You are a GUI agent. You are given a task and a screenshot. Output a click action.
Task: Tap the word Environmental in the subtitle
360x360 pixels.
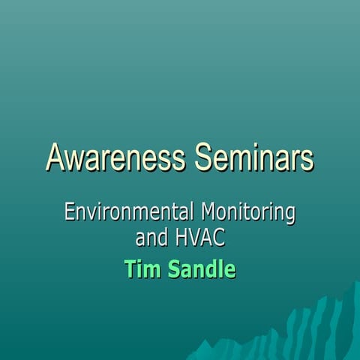tap(125, 212)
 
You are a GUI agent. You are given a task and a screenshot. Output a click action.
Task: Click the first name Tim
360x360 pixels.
tap(140, 268)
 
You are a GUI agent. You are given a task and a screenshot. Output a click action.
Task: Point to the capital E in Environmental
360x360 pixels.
tap(70, 212)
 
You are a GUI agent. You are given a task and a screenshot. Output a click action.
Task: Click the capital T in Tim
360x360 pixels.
tap(130, 268)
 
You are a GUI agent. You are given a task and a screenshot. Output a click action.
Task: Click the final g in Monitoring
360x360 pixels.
tap(290, 215)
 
